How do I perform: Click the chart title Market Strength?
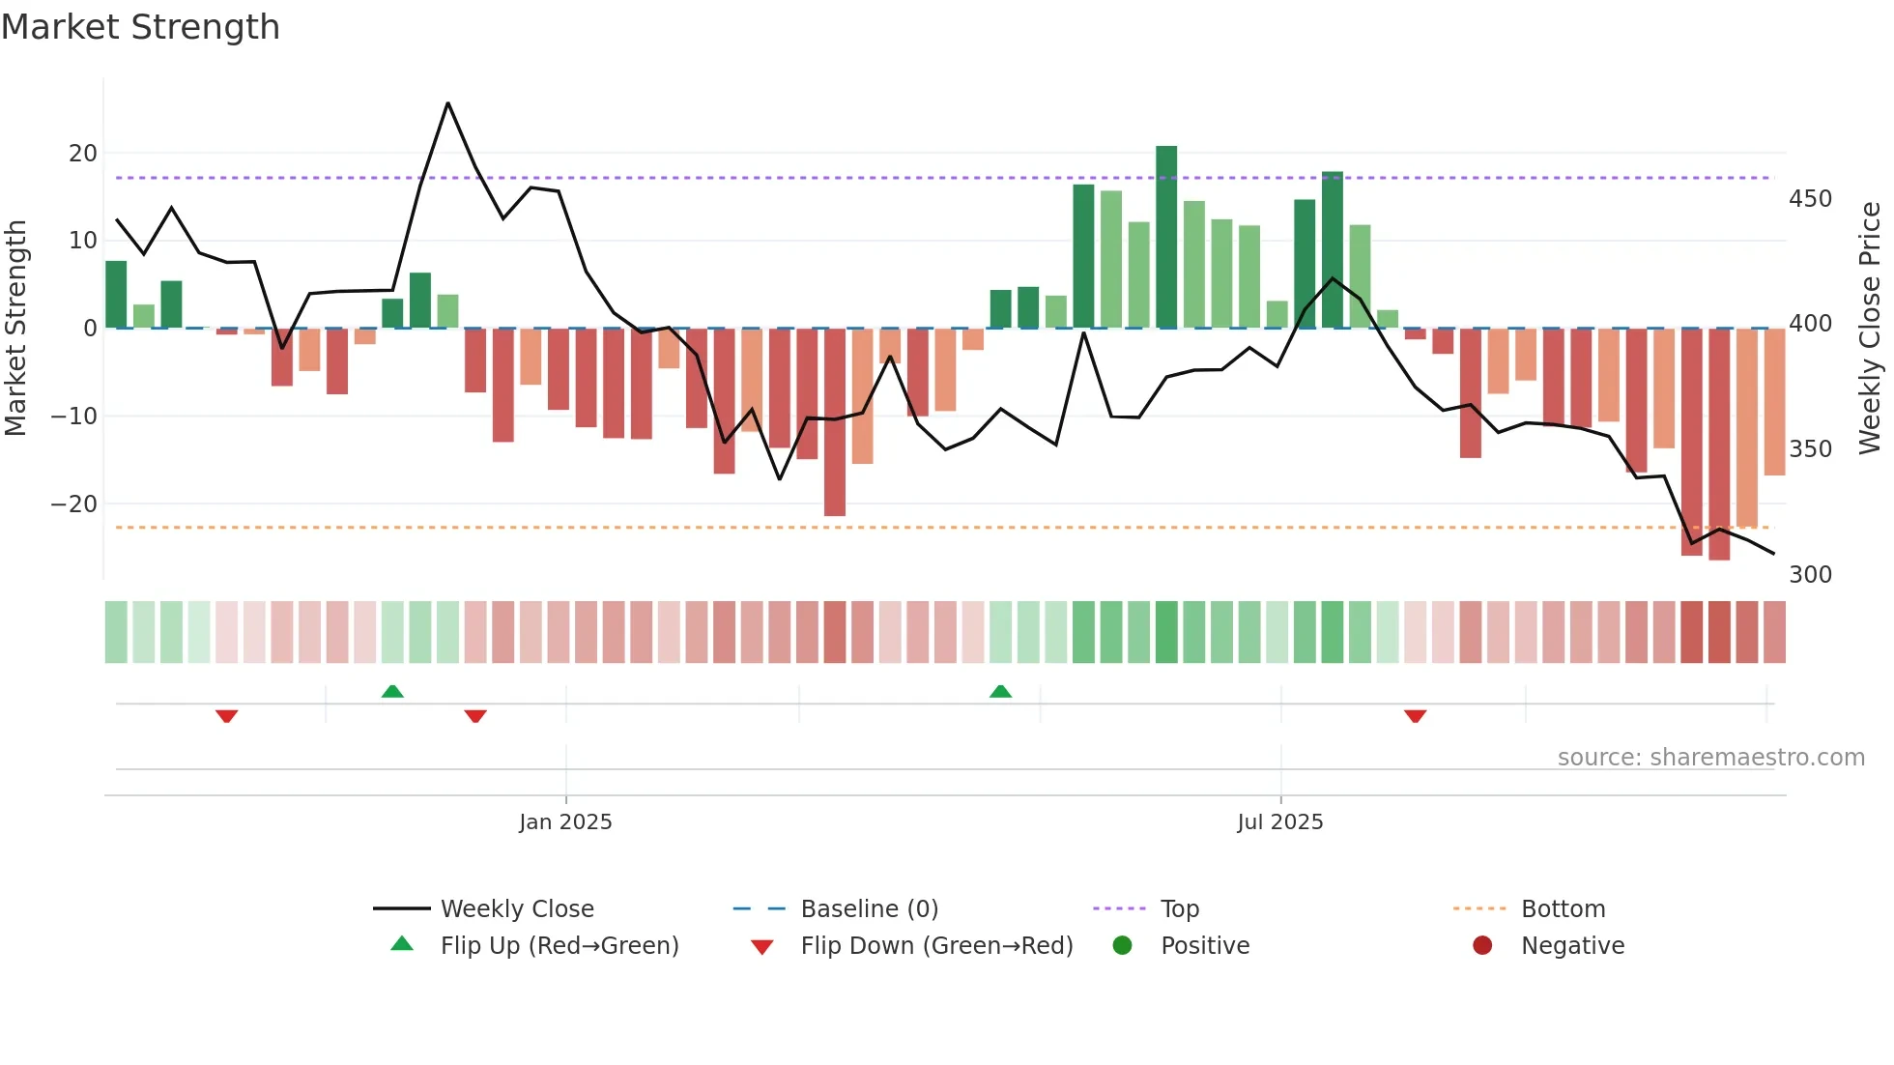click(x=140, y=27)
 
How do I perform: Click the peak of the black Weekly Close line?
click(x=447, y=103)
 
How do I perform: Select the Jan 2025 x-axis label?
click(x=565, y=822)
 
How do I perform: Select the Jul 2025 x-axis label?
click(x=1279, y=822)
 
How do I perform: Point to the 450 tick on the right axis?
click(x=1810, y=199)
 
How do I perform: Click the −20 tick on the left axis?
click(x=73, y=504)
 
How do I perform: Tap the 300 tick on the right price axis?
click(x=1810, y=575)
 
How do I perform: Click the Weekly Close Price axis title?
click(x=1870, y=329)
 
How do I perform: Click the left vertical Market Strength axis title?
click(x=15, y=329)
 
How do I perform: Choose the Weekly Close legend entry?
click(x=517, y=909)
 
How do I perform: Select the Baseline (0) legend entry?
click(x=869, y=909)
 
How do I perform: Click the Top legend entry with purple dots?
click(x=1179, y=909)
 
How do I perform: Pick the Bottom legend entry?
click(x=1563, y=909)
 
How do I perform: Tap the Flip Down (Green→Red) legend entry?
click(x=936, y=946)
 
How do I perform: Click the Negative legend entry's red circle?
click(x=1482, y=946)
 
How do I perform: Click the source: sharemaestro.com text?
click(x=1710, y=758)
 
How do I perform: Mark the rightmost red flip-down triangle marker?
click(x=1415, y=716)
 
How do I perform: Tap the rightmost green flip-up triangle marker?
click(x=1000, y=691)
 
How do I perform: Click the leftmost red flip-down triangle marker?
click(x=226, y=716)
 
